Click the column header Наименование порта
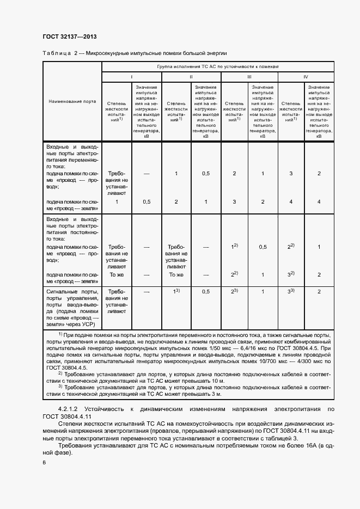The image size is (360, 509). [x=72, y=102]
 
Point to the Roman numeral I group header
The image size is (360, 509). [x=131, y=77]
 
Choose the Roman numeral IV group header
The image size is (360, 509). [x=306, y=77]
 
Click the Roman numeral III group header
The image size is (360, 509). [x=249, y=77]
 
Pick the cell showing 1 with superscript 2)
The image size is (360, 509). [x=235, y=247]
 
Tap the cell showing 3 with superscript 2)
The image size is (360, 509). [x=291, y=274]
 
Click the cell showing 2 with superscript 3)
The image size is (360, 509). [x=235, y=291]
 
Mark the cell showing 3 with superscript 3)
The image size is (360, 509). [x=291, y=291]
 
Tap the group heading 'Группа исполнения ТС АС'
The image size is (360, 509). [x=218, y=66]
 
